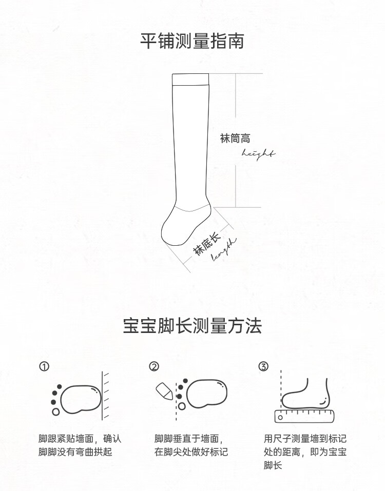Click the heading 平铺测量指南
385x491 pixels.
click(x=192, y=41)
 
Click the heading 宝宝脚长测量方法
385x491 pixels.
click(x=192, y=326)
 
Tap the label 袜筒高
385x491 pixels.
click(x=235, y=139)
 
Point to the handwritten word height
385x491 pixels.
click(x=258, y=154)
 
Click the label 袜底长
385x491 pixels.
click(x=206, y=245)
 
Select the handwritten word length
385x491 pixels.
click(x=224, y=249)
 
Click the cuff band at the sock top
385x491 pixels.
click(x=190, y=79)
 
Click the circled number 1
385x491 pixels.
click(x=44, y=366)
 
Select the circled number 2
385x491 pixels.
click(x=154, y=366)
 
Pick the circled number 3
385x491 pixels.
click(x=263, y=366)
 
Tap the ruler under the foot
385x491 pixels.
click(x=304, y=416)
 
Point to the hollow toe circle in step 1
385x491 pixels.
click(x=56, y=411)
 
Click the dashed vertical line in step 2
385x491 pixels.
click(x=177, y=401)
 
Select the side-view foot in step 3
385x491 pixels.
click(x=305, y=394)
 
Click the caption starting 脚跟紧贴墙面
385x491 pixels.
click(x=80, y=445)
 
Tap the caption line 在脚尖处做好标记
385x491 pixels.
click(x=191, y=452)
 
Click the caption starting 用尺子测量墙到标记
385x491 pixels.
click(x=305, y=451)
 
